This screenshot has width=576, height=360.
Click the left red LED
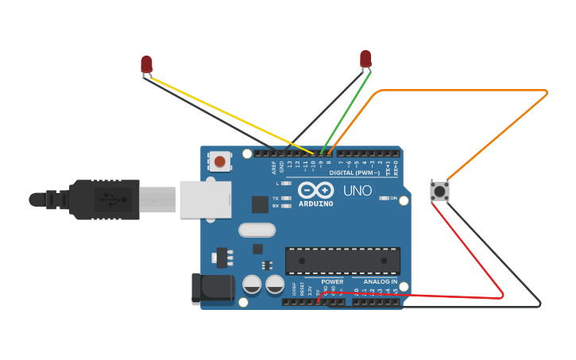[x=146, y=64]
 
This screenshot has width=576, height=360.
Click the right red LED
[x=365, y=59]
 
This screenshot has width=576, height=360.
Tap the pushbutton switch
[x=439, y=191]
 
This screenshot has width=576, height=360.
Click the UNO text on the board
[x=357, y=191]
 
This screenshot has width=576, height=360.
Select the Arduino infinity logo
[x=316, y=190]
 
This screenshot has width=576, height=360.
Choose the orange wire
[x=477, y=91]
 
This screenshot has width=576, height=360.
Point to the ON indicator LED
[x=384, y=198]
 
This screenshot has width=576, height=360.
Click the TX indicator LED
[x=286, y=198]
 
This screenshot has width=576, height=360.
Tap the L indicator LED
[x=286, y=184]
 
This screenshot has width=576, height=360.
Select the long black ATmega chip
[x=342, y=260]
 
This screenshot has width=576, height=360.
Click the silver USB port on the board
[x=205, y=199]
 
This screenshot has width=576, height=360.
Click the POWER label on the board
[x=332, y=281]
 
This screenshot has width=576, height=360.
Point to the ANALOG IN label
[x=381, y=281]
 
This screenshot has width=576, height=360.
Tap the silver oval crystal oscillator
[x=257, y=230]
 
